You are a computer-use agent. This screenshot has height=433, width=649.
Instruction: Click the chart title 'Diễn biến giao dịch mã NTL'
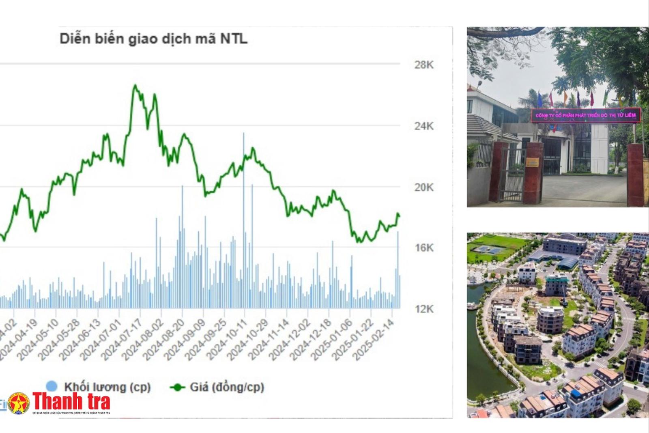coord(153,39)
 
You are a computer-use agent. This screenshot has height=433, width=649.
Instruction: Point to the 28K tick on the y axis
coord(424,65)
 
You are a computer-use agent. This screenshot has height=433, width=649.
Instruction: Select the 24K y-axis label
coord(424,126)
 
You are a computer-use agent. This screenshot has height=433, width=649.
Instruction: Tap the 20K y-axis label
coord(424,187)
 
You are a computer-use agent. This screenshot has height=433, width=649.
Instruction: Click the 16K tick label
coord(424,248)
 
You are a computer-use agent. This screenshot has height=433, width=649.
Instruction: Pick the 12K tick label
coord(424,309)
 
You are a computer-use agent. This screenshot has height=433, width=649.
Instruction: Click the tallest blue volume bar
coord(244,134)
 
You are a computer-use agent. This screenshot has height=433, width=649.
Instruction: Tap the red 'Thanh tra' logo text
coord(71,401)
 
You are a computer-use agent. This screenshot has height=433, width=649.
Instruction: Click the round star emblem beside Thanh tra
coord(19,403)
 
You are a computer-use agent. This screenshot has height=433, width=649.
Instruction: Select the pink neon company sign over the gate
coord(586,115)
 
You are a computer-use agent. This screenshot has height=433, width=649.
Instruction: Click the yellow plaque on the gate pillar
coord(532,163)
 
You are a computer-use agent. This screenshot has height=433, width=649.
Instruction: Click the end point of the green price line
coord(399,216)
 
